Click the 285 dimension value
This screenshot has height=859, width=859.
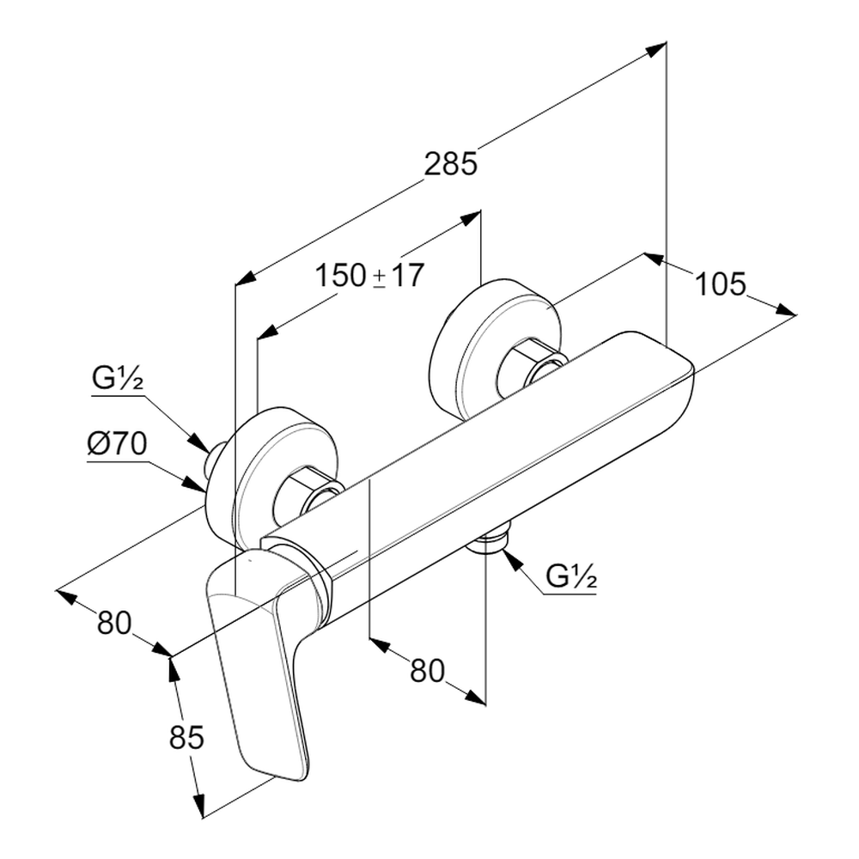(x=451, y=163)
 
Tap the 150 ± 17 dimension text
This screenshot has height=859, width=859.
(x=369, y=276)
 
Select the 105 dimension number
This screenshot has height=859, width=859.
(x=720, y=283)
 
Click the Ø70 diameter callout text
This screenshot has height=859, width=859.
(x=119, y=445)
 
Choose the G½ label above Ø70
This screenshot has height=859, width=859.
(x=119, y=379)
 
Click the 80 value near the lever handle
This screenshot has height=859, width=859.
(x=114, y=623)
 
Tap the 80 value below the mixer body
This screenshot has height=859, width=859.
(x=427, y=670)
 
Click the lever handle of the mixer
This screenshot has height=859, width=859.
(x=258, y=670)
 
